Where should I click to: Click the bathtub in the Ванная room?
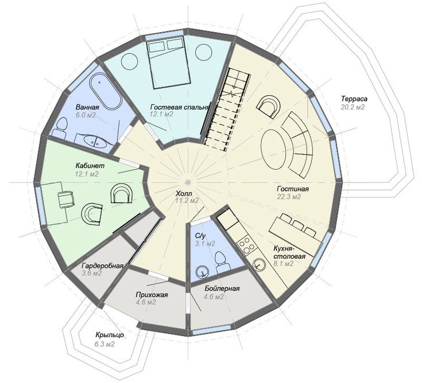pos(105,91)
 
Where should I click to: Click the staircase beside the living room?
pos(227,109)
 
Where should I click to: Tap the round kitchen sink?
pos(259,264)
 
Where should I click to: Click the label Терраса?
pos(354,99)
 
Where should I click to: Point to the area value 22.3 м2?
pos(289,197)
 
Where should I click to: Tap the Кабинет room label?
pos(90,166)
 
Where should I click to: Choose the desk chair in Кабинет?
pos(65,199)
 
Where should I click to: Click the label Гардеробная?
pos(102,266)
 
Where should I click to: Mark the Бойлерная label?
pos(222,288)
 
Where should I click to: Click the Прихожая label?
pos(152,295)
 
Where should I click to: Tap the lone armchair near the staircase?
pos(268,107)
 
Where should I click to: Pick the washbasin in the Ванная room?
pos(93,141)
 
